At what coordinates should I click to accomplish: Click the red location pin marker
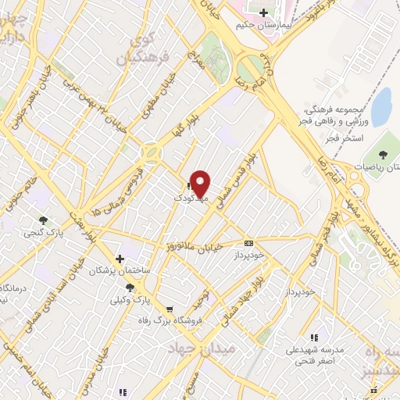(x=201, y=183)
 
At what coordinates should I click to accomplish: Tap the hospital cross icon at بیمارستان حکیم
(x=264, y=13)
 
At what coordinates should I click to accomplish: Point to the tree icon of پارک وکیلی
(x=141, y=289)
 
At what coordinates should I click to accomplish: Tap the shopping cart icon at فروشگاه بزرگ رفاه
(x=170, y=309)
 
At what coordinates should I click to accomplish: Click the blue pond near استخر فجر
(x=381, y=108)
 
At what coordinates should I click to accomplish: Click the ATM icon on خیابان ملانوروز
(x=249, y=243)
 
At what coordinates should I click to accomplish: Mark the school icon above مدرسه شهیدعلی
(x=314, y=337)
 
